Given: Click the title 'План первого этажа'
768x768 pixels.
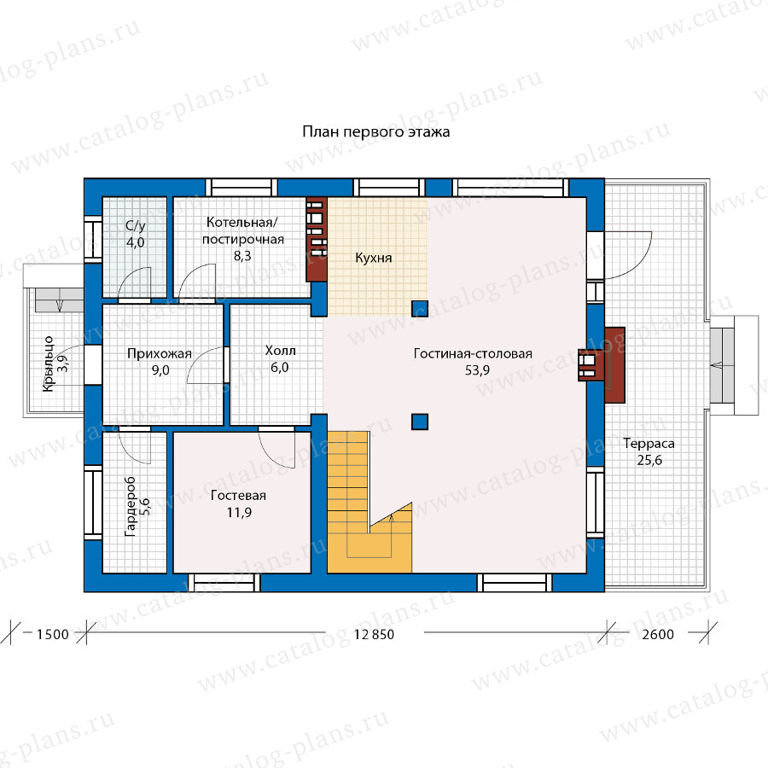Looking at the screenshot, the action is click(x=375, y=132).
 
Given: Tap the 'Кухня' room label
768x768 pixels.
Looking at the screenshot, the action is click(x=373, y=258).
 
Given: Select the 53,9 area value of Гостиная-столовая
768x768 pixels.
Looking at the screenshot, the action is click(x=477, y=370).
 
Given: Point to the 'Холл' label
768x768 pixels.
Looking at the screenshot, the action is click(x=280, y=351).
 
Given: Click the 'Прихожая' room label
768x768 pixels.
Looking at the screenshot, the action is click(x=160, y=353).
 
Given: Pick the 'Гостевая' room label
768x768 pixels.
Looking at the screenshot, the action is click(x=239, y=496).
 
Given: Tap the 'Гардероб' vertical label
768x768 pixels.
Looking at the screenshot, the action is click(x=130, y=506).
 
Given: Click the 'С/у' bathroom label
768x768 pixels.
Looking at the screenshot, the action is click(x=135, y=226).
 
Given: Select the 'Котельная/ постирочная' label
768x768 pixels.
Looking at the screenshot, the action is click(x=243, y=230).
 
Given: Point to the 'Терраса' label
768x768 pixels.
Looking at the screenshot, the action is click(x=649, y=444).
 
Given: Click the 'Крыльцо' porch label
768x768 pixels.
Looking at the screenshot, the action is click(x=48, y=364).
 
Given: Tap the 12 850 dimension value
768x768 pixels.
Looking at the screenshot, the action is click(x=374, y=635).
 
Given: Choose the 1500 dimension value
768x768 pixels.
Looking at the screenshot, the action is click(x=52, y=635).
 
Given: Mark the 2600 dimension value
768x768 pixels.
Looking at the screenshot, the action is click(x=658, y=635).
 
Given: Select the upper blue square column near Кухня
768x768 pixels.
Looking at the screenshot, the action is click(x=420, y=309).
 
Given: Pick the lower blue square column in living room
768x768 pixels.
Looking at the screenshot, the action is click(x=420, y=422).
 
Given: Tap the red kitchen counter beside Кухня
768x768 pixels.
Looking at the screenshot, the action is click(x=317, y=239).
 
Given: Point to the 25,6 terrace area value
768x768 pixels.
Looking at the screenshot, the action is click(x=649, y=461).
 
